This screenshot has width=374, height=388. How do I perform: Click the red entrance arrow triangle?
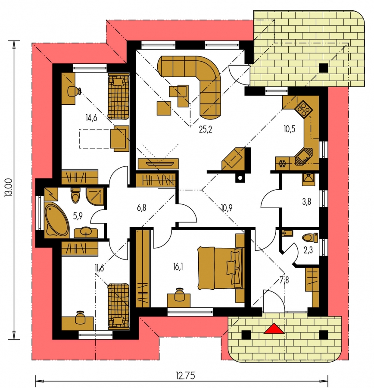coord(274,329)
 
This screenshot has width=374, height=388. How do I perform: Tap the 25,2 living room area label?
coord(206,129)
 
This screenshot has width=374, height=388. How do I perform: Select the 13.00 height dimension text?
coord(9,188)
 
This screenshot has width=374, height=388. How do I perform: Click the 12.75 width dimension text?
coord(186,375)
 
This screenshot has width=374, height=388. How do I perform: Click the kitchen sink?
coord(304,156)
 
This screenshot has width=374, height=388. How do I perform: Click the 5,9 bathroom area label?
coord(78,216)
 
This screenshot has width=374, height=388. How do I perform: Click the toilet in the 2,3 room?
coord(310,238)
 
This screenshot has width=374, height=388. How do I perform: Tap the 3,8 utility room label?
coord(306,202)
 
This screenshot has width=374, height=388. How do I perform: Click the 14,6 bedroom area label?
coord(91,118)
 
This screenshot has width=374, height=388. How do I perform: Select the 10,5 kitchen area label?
coord(290,129)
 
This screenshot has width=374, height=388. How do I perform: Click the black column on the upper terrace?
coord(324,68)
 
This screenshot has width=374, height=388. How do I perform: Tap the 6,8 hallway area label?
coord(141,207)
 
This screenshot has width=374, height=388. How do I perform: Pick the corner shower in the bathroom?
coord(95,197)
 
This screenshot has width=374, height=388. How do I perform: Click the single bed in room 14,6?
coord(118,97)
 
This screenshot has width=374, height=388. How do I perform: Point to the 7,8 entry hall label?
coord(284,280)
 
